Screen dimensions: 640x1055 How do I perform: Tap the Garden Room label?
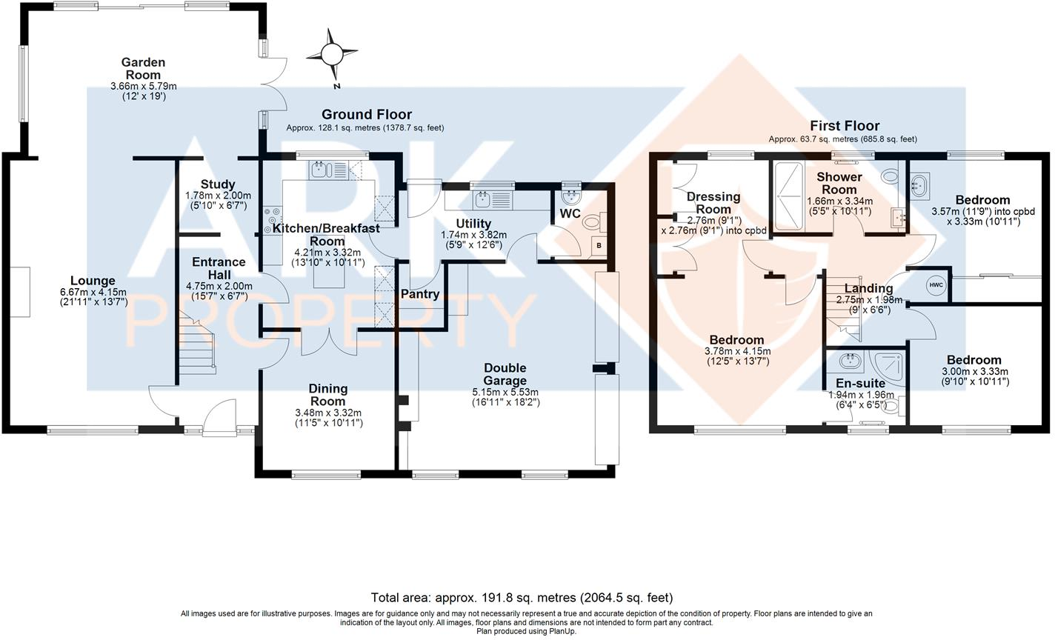(143, 69)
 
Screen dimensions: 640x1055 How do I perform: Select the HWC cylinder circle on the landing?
(935, 285)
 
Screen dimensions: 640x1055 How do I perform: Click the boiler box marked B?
(599, 245)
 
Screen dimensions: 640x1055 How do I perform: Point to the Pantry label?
(420, 294)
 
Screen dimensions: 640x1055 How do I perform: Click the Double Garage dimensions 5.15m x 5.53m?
(505, 393)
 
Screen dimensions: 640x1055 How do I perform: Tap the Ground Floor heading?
(366, 115)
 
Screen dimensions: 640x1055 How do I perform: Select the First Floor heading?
(844, 126)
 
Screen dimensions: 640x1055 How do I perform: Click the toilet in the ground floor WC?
(592, 221)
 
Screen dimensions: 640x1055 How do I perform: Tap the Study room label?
(217, 184)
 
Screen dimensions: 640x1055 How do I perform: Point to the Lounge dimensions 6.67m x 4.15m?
(93, 292)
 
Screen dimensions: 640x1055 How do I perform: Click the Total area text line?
(522, 597)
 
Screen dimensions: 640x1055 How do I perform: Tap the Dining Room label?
(327, 395)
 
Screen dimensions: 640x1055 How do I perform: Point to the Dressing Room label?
(713, 203)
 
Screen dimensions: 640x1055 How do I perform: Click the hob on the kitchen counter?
(270, 219)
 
